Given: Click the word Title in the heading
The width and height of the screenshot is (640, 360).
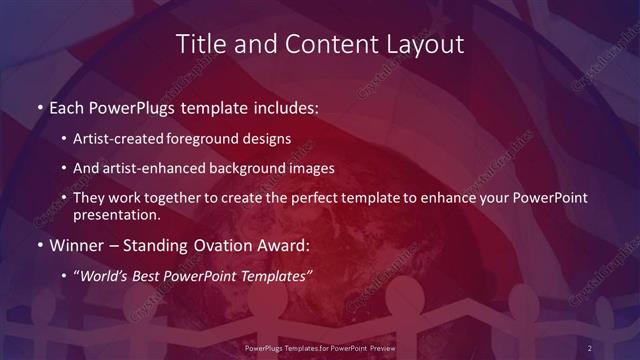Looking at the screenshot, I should click(x=199, y=45).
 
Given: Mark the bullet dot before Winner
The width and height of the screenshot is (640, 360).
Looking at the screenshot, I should click(x=39, y=242).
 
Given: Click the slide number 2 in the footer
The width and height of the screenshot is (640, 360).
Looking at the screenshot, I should click(x=589, y=347).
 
